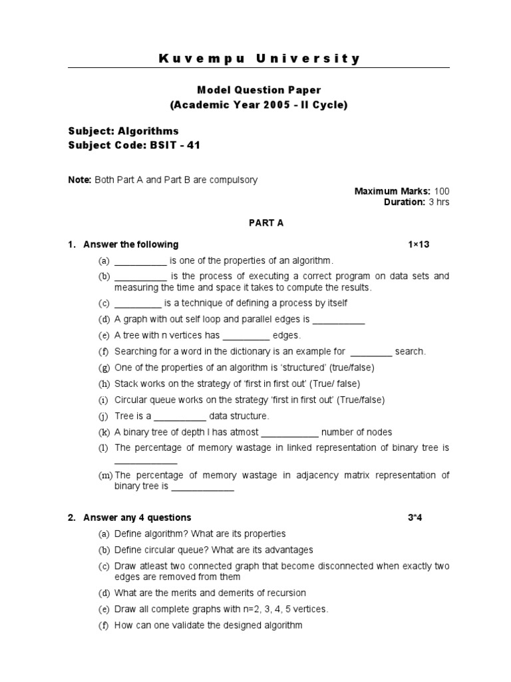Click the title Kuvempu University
tap(259, 59)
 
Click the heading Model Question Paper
tap(259, 89)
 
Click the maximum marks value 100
tap(442, 191)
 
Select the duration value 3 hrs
tap(438, 202)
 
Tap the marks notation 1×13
tap(419, 244)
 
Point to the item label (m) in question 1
tap(105, 476)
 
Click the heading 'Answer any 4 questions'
tap(137, 517)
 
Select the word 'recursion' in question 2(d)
tap(285, 593)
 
